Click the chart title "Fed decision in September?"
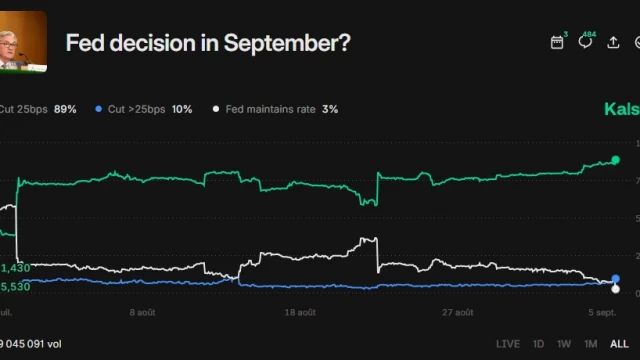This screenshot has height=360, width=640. click(208, 43)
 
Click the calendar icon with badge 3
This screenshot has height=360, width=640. click(558, 42)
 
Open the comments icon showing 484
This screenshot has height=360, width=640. click(586, 43)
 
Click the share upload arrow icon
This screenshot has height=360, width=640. click(613, 43)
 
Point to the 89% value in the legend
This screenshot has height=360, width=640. click(65, 108)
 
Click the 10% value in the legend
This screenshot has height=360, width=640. click(182, 108)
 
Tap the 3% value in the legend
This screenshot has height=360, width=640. click(330, 108)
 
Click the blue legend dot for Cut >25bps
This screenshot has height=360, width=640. click(98, 108)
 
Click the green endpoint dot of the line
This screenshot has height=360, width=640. click(615, 160)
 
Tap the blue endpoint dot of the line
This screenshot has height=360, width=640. click(615, 280)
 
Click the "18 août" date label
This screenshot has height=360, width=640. click(300, 312)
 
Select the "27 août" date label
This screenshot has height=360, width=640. click(457, 312)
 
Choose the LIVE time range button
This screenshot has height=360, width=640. click(508, 344)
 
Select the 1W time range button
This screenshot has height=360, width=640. click(565, 344)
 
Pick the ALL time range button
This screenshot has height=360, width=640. click(619, 344)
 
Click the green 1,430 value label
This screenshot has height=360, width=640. click(15, 268)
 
